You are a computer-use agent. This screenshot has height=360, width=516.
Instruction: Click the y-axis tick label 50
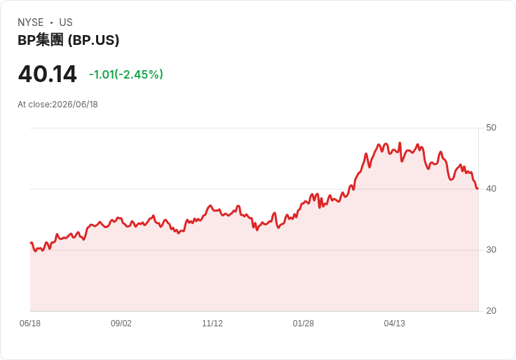tap(491, 128)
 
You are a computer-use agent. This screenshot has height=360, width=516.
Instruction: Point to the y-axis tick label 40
tap(491, 189)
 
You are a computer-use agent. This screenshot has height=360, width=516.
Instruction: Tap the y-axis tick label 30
tap(491, 250)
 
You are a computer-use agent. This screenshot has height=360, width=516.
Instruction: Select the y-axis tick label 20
tap(491, 311)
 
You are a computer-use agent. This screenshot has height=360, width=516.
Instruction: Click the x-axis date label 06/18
tap(30, 324)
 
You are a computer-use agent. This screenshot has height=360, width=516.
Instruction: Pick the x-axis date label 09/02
tap(121, 324)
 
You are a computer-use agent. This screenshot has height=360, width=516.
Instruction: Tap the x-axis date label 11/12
tap(212, 324)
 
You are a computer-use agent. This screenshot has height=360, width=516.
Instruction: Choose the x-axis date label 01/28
tap(303, 324)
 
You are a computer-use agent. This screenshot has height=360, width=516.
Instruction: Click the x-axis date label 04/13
tap(394, 324)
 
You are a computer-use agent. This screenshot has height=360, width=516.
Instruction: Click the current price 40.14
tap(48, 74)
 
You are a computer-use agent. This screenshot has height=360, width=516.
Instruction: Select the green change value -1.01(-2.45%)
tap(126, 74)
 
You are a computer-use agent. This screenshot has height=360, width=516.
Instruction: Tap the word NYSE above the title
tap(31, 22)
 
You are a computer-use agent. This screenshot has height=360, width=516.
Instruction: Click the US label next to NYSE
tap(66, 22)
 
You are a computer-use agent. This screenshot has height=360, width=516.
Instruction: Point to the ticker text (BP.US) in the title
tap(93, 40)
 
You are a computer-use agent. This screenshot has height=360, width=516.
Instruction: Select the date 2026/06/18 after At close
tap(75, 105)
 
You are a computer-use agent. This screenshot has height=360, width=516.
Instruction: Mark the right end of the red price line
tap(478, 188)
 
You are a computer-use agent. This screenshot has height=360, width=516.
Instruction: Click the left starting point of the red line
tap(31, 243)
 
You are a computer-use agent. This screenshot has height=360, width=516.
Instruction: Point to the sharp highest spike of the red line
tap(400, 142)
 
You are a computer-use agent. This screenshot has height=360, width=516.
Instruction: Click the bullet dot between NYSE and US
tap(51, 22)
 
